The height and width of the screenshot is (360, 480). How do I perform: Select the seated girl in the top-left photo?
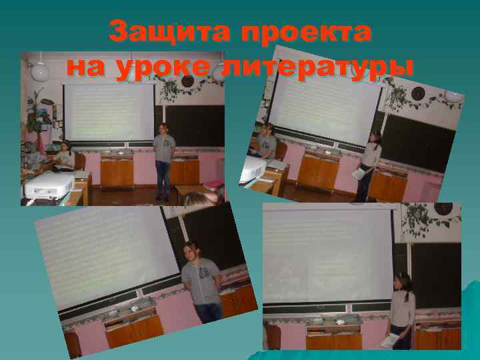pyautogui.click(x=65, y=156)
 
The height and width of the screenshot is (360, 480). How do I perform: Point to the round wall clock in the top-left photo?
pyautogui.click(x=188, y=81)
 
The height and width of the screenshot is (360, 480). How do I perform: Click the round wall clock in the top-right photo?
pyautogui.click(x=419, y=93)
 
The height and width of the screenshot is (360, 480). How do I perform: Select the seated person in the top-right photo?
pyautogui.click(x=267, y=141)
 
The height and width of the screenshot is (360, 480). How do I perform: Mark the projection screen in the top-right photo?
pyautogui.click(x=327, y=100)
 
